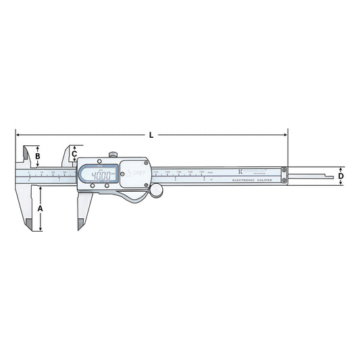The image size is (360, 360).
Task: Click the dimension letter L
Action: coord(151,135)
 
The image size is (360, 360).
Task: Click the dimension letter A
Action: coord(40,209)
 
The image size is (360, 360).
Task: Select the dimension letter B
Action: coord(38,157)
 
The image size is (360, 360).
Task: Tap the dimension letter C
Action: coord(74,153)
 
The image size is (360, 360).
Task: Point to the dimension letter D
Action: coord(341,176)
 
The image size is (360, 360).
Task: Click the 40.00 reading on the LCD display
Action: coord(101,176)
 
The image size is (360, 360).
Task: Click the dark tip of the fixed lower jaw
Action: coord(28,224)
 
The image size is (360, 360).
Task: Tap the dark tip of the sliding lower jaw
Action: coord(82,224)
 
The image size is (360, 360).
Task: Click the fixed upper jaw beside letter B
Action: coord(25,155)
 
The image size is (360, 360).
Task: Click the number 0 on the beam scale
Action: coord(29,173)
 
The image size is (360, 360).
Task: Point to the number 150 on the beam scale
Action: coord(201,173)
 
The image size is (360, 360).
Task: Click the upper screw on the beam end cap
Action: coord(284,170)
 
